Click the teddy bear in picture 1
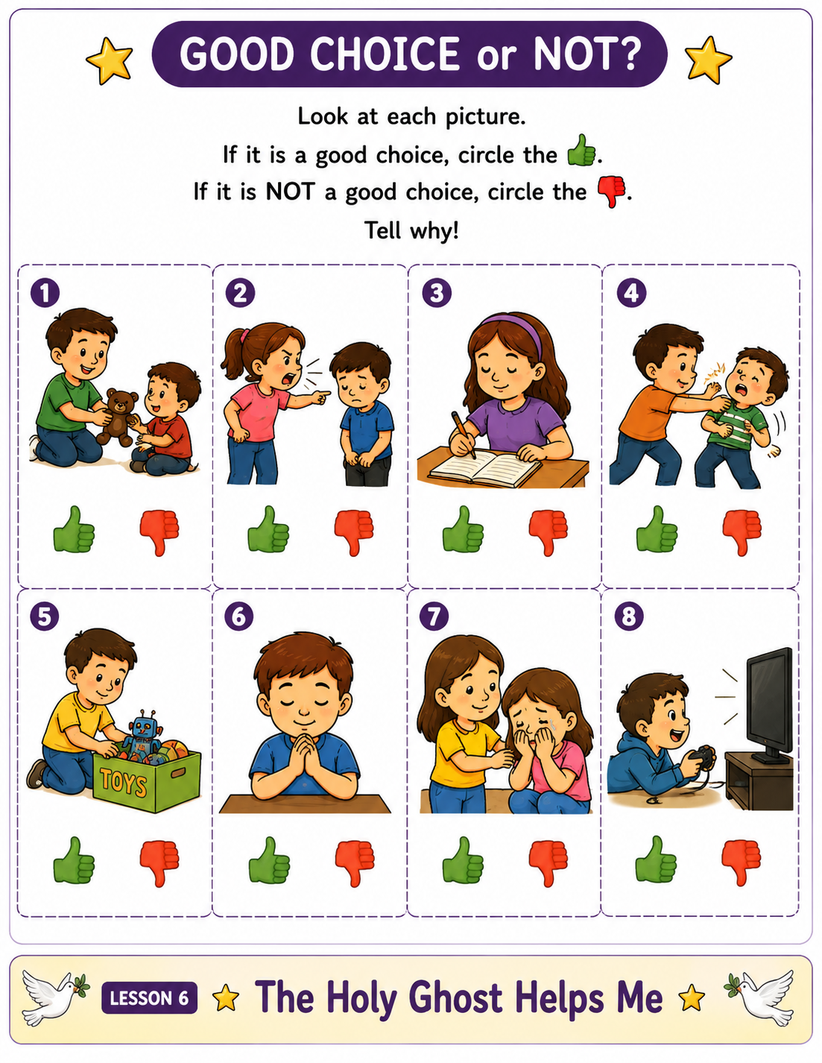[x=117, y=417]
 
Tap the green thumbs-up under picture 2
[x=268, y=529]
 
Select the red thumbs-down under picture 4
[x=742, y=532]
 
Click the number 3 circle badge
[x=437, y=293]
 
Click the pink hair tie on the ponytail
[x=244, y=335]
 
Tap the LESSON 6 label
[x=149, y=998]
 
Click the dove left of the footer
[x=54, y=997]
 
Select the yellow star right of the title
[x=707, y=60]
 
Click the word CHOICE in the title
[x=385, y=54]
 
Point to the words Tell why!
[x=411, y=230]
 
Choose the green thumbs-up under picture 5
[x=73, y=860]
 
